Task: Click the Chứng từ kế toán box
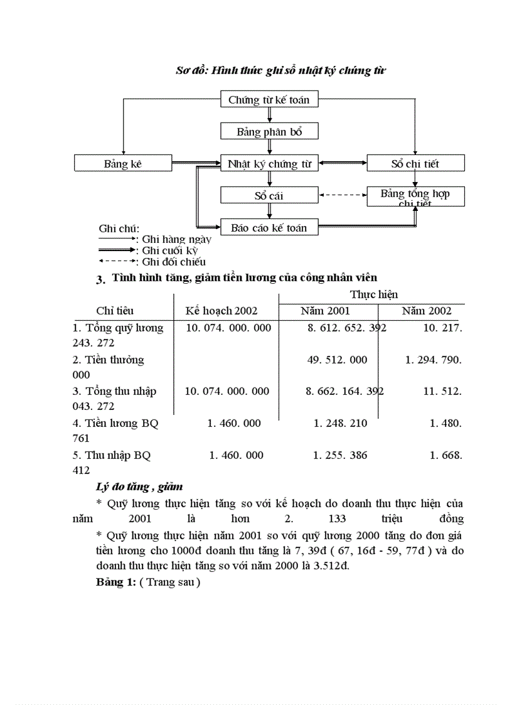(x=269, y=99)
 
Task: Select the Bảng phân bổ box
(x=269, y=132)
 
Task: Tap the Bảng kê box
(x=123, y=164)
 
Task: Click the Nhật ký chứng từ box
(x=269, y=164)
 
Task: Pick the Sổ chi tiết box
(x=415, y=164)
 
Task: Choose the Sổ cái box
(x=269, y=196)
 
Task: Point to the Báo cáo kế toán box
(x=269, y=228)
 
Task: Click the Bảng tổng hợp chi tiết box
(x=415, y=196)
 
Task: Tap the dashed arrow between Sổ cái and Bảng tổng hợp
(x=343, y=195)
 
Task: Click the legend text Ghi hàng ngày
(x=177, y=239)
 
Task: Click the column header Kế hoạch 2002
(x=221, y=311)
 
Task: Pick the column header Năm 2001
(x=325, y=311)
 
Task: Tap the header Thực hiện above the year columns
(x=374, y=294)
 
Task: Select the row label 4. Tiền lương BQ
(x=115, y=423)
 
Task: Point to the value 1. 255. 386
(x=340, y=455)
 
